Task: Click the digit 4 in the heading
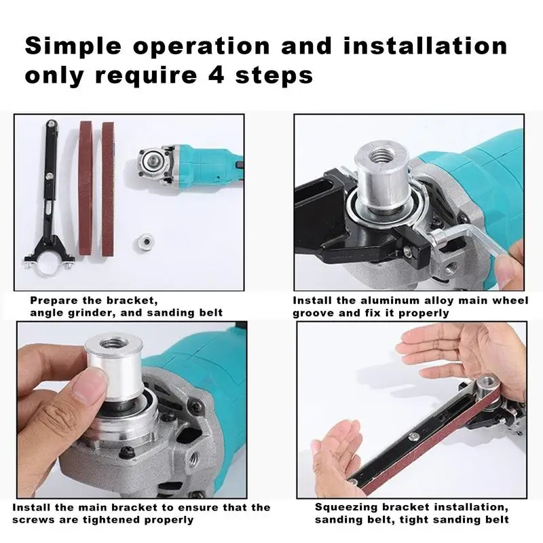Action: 217,75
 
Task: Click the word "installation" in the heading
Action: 426,45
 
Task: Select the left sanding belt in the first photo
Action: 86,188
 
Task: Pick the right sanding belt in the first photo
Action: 108,189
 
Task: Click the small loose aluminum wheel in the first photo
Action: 144,242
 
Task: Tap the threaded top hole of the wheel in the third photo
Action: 111,344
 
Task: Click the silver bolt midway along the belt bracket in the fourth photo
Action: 413,436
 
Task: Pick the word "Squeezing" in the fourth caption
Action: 346,508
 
